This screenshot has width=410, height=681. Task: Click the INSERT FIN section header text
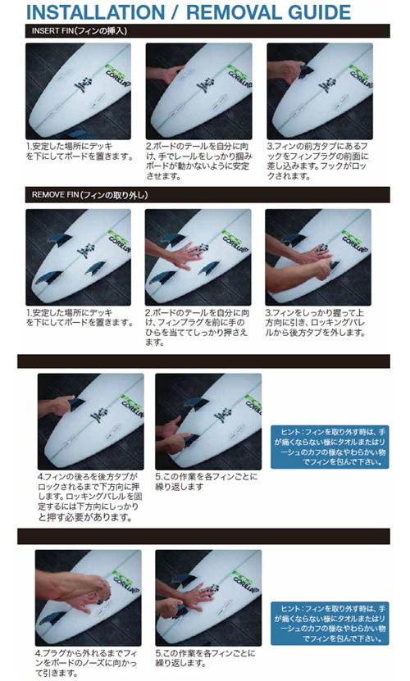coord(79,31)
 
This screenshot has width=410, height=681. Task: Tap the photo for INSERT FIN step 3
coord(321,90)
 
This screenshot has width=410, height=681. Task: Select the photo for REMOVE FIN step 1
coord(78,257)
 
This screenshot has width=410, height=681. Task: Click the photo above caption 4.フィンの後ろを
coord(90,421)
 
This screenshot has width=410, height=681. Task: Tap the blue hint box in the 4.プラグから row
coord(330,621)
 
